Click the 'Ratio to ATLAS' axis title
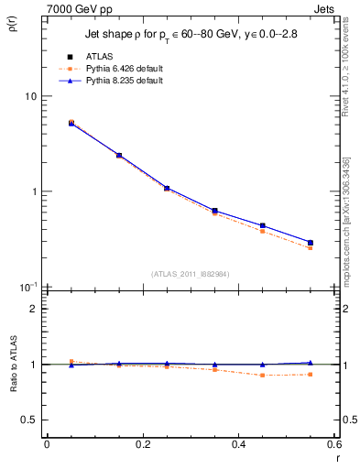click(12, 365)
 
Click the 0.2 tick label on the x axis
click(142, 444)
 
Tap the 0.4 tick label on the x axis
click(238, 444)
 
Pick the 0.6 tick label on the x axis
click(333, 444)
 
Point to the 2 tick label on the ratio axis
click(34, 309)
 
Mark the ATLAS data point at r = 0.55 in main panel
click(310, 243)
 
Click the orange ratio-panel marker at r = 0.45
click(262, 375)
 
